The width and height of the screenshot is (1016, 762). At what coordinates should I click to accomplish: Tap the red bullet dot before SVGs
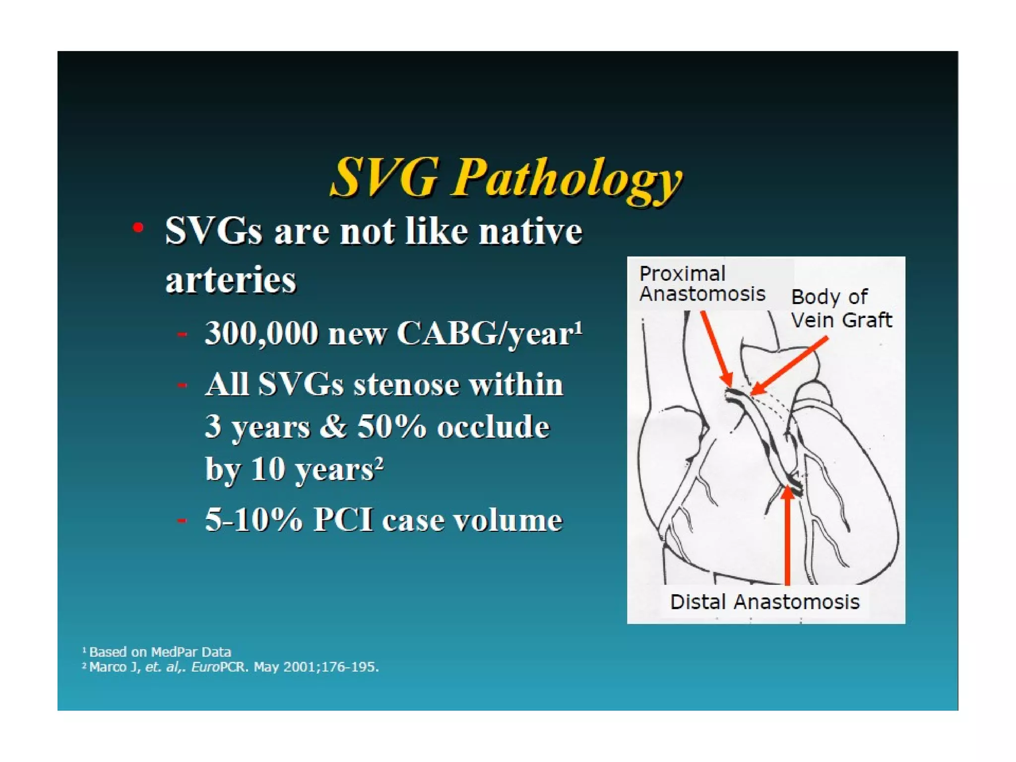pos(138,228)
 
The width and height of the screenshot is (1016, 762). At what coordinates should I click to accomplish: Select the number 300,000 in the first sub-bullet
pos(261,333)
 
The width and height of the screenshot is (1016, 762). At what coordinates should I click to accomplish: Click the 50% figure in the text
pos(391,426)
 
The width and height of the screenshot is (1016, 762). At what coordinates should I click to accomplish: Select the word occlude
pos(493,426)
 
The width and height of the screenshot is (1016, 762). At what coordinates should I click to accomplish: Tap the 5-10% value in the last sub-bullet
pos(254,520)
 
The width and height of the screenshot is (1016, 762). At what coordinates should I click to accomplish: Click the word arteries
pos(231,279)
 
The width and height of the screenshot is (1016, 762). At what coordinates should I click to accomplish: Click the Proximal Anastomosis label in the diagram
pos(701,284)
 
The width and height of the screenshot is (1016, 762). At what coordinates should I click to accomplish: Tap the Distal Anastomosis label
pos(764,602)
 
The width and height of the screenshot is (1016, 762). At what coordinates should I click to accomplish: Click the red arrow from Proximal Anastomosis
pos(716,349)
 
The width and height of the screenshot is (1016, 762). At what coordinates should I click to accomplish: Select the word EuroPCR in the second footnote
pos(218,667)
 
